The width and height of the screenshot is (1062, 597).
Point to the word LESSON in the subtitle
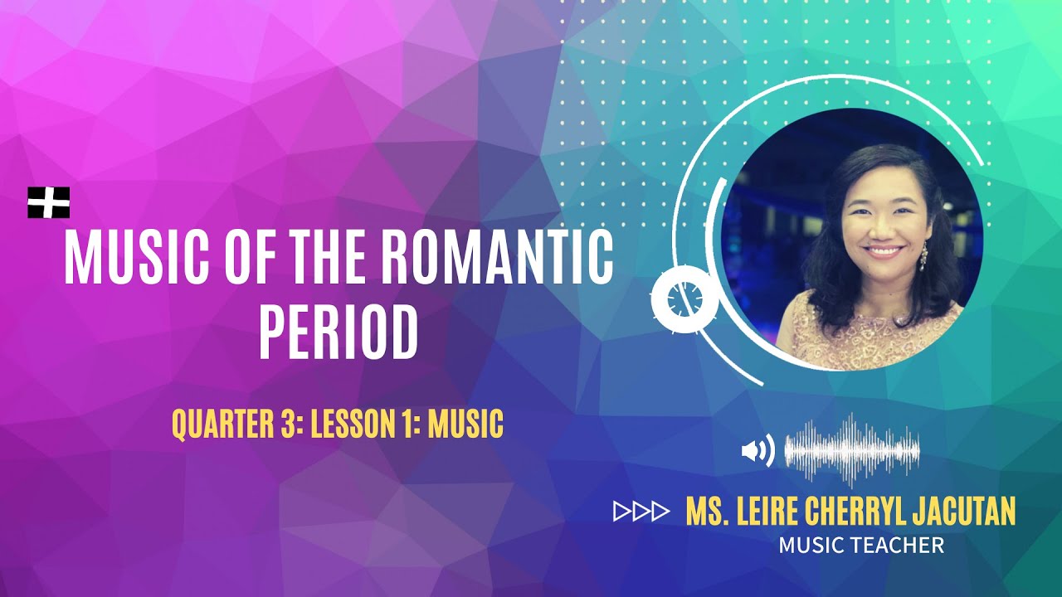point(345,424)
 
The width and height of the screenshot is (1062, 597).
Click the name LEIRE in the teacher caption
point(765,512)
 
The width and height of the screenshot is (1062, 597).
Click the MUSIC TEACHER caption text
point(861,545)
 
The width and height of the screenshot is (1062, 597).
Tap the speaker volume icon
point(757,451)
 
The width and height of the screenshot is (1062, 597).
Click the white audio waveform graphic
point(852,451)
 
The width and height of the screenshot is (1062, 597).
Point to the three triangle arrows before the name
point(641,512)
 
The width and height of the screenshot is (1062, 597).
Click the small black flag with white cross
point(49,202)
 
